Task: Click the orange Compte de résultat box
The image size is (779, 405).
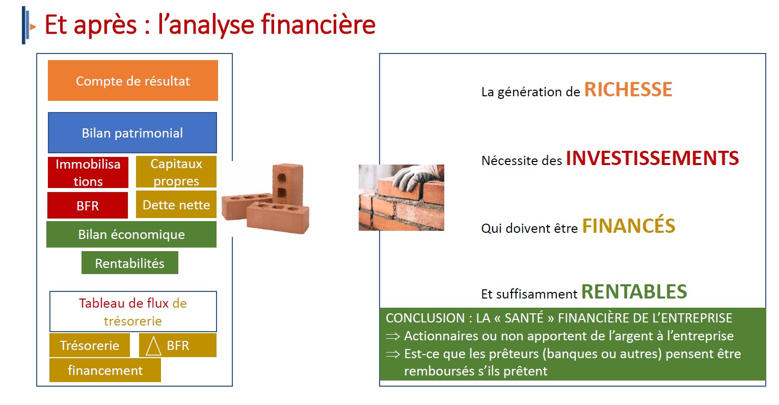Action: pos(133,80)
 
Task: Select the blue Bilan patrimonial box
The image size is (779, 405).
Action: pos(132,132)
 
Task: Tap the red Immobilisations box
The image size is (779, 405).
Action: pos(88,172)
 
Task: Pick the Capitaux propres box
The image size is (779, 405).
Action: pos(176,172)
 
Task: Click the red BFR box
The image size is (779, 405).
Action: pos(88,205)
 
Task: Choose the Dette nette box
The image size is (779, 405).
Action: pos(176,204)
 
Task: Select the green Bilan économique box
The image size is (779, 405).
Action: pos(131,234)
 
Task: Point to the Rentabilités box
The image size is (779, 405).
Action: pos(130,263)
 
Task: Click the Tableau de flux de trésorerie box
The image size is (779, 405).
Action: pos(133,311)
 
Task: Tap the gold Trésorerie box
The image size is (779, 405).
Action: pos(89,345)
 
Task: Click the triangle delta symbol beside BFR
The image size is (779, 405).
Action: pos(153,346)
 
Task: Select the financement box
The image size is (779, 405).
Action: pos(105,370)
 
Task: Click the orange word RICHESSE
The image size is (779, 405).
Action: pos(628,89)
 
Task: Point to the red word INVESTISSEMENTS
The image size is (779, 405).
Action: pos(653,158)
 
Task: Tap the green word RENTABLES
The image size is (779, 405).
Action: pos(634,292)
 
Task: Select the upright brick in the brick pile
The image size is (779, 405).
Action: pos(288,184)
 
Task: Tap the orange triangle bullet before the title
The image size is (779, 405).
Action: pos(33,26)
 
